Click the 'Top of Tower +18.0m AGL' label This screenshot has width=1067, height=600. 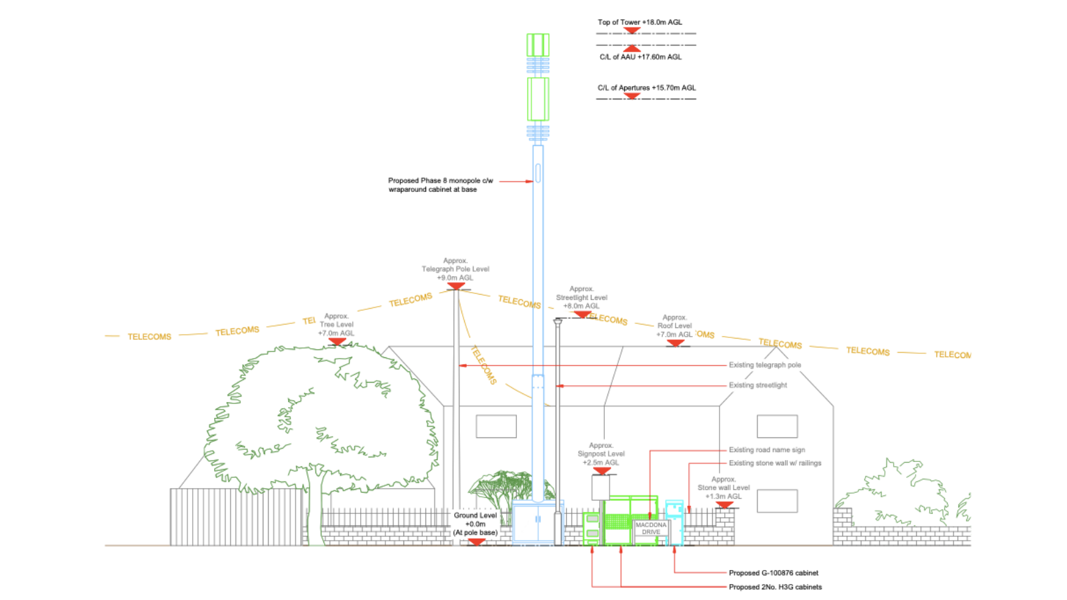click(640, 22)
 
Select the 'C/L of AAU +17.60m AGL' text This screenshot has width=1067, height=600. click(640, 57)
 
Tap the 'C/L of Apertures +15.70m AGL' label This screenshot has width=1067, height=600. click(646, 87)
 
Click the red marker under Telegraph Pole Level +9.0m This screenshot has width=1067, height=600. click(455, 286)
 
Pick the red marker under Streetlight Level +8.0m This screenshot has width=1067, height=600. click(582, 314)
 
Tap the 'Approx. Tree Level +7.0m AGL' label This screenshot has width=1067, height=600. click(336, 325)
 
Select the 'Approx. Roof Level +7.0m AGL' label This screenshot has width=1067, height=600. click(674, 326)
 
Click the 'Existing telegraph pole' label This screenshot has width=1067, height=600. click(764, 365)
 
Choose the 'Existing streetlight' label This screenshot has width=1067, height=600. click(758, 385)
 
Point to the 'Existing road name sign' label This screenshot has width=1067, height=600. click(766, 449)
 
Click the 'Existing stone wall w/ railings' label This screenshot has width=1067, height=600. click(774, 463)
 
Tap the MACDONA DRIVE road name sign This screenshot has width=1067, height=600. click(650, 529)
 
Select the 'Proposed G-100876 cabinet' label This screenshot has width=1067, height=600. click(773, 573)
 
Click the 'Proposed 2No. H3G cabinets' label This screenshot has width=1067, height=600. click(775, 587)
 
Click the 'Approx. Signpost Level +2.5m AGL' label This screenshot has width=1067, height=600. click(601, 453)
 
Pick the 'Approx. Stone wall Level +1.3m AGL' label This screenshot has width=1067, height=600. click(724, 487)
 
